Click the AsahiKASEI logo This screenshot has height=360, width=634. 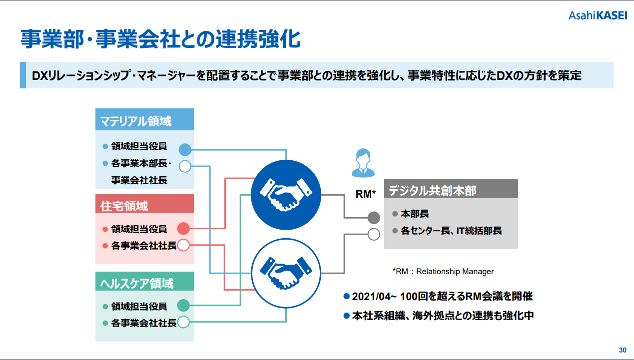(x=598, y=15)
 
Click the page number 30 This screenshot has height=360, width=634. (x=623, y=350)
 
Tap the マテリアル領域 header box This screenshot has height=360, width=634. (x=144, y=119)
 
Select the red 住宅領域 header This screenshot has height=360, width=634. (x=144, y=204)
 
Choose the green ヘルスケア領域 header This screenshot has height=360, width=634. (x=144, y=282)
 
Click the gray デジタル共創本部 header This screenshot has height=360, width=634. (x=451, y=189)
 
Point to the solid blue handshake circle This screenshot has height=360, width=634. (x=286, y=195)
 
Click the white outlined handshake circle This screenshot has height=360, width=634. (x=286, y=273)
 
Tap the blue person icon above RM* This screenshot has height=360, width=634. (x=363, y=163)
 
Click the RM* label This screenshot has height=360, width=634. (x=365, y=194)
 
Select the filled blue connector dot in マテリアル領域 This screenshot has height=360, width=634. (x=185, y=150)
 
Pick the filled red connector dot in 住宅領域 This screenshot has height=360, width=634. (x=183, y=229)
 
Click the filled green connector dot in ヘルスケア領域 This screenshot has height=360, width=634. (x=183, y=306)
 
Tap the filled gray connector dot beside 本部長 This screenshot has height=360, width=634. (x=374, y=218)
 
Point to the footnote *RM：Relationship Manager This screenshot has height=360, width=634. (x=443, y=272)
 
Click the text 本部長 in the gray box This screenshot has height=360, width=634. (x=415, y=214)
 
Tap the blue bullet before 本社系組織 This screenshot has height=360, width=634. (x=346, y=316)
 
